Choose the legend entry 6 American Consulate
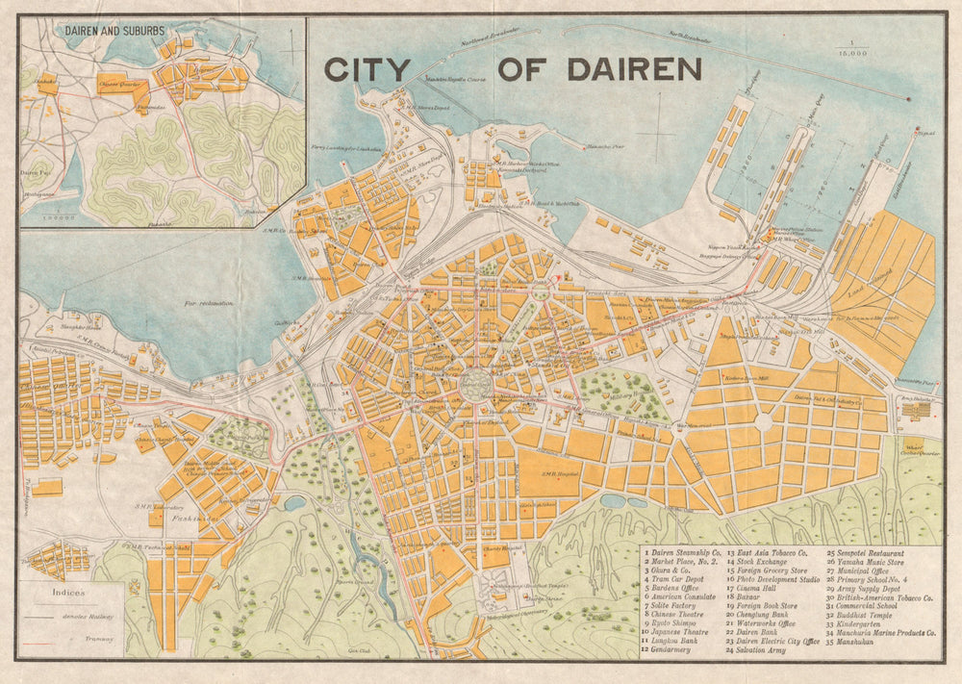coord(685,596)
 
